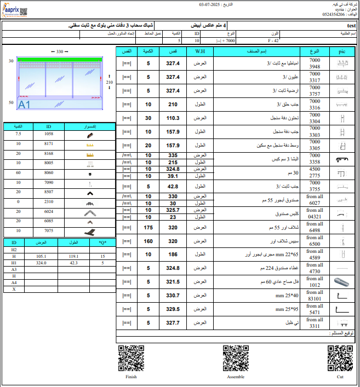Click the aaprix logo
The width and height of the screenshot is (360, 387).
[x=16, y=9]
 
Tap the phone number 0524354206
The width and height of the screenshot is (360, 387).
[x=336, y=14]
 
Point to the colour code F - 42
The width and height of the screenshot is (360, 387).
[x=273, y=41]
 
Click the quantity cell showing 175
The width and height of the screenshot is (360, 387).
[x=148, y=227]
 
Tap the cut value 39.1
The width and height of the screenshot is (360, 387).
[x=173, y=176]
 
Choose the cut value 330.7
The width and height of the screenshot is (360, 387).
[x=173, y=296]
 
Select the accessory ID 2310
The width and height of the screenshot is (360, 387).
[x=49, y=201]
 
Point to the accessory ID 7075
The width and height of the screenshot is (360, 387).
[x=49, y=231]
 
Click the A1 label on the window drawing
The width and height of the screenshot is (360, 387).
[x=25, y=104]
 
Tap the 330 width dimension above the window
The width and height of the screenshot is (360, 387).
[x=60, y=51]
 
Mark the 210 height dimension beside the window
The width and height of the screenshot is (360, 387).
[x=109, y=82]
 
